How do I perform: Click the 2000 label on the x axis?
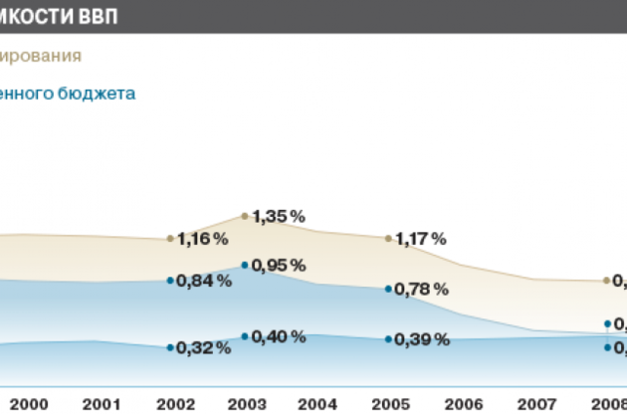pyautogui.click(x=30, y=403)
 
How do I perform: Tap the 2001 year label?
pyautogui.click(x=102, y=403)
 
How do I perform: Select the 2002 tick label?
pyautogui.click(x=175, y=403)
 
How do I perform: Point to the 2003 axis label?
pyautogui.click(x=247, y=403)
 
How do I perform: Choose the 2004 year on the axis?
pyautogui.click(x=317, y=403)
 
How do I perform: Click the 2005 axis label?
pyautogui.click(x=390, y=403)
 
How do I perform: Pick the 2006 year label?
pyautogui.click(x=463, y=403)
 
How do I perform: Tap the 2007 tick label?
pyautogui.click(x=535, y=403)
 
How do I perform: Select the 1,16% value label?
pyautogui.click(x=204, y=239)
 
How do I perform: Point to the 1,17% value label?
pyautogui.click(x=421, y=239)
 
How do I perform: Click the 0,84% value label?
pyautogui.click(x=204, y=281)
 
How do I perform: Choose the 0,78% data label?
pyautogui.click(x=421, y=290)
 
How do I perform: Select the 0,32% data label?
pyautogui.click(x=204, y=348)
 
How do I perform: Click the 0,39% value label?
pyautogui.click(x=421, y=339)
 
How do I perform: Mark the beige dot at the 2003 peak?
pyautogui.click(x=245, y=215)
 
